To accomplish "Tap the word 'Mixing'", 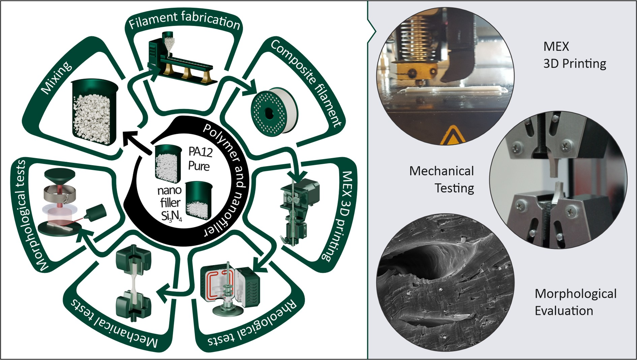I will coord(56,77).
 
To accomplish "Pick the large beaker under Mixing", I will coord(94,111).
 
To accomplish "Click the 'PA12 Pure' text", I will coord(200,159).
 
